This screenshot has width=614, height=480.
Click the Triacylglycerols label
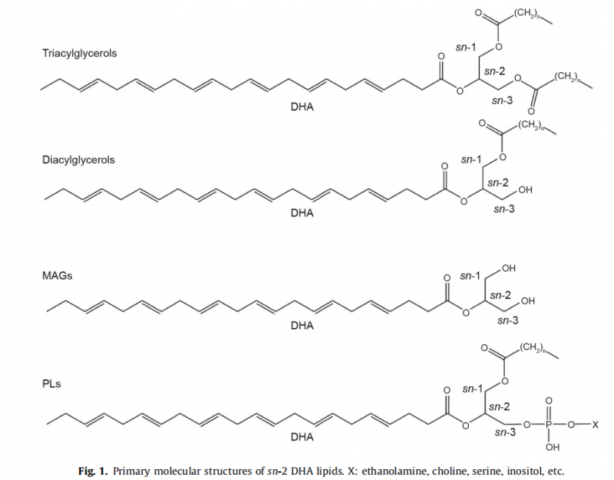coord(80,53)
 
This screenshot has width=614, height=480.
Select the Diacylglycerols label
coord(78,160)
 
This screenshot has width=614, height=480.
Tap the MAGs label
coord(57,276)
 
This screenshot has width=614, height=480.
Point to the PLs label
coord(51,384)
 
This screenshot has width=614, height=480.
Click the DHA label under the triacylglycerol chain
coord(302,107)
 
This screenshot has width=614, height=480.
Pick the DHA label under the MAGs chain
coord(302,325)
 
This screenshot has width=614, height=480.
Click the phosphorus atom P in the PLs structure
coord(549,425)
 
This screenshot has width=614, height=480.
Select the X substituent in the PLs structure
coord(595,425)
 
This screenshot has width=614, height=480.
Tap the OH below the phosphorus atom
coord(553,447)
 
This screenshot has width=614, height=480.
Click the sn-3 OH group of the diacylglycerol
coord(525,190)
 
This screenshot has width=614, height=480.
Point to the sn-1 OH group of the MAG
coord(509,268)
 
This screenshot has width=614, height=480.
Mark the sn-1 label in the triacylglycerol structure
coord(466,48)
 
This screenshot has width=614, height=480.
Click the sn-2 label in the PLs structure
coord(500,407)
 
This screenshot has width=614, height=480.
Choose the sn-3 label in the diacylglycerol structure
coord(504,209)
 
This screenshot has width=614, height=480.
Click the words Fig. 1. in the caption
coord(92,471)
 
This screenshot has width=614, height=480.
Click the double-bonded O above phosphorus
coord(549,401)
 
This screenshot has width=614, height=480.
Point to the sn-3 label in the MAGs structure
coord(508,321)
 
